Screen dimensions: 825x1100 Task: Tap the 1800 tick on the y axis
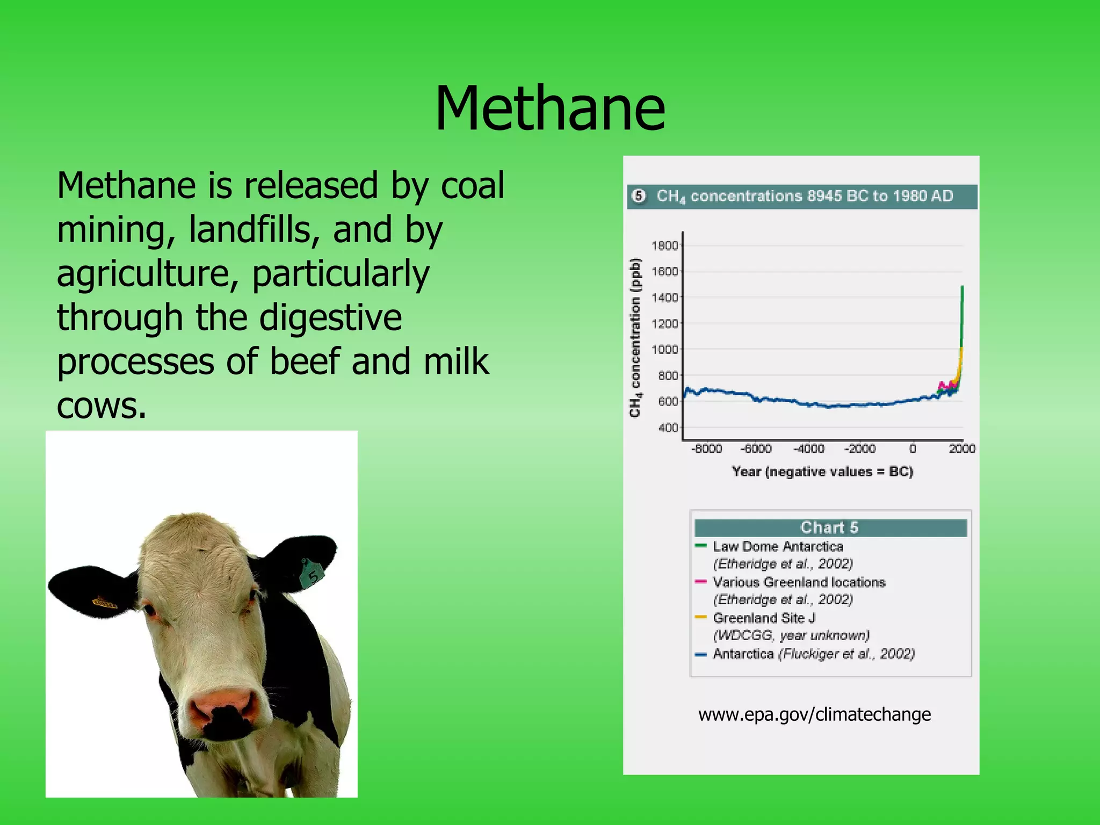[x=664, y=246]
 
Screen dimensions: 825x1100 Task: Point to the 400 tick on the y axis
[x=668, y=428]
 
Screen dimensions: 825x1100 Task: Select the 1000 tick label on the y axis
[x=664, y=350]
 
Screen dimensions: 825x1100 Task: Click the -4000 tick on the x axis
[x=809, y=448]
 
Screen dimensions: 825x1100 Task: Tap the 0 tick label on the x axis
[x=913, y=448]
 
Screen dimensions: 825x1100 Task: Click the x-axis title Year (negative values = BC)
[x=822, y=472]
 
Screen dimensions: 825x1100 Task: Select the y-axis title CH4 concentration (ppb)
[x=635, y=337]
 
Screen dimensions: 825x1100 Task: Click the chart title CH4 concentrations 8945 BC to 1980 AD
[x=804, y=196]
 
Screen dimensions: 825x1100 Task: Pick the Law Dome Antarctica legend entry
[x=778, y=546]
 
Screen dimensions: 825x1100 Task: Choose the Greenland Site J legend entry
[x=763, y=618]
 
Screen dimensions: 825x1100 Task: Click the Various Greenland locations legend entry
[x=799, y=582]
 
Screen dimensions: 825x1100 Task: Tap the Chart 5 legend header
[x=830, y=527]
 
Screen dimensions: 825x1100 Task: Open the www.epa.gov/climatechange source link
[x=814, y=714]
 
